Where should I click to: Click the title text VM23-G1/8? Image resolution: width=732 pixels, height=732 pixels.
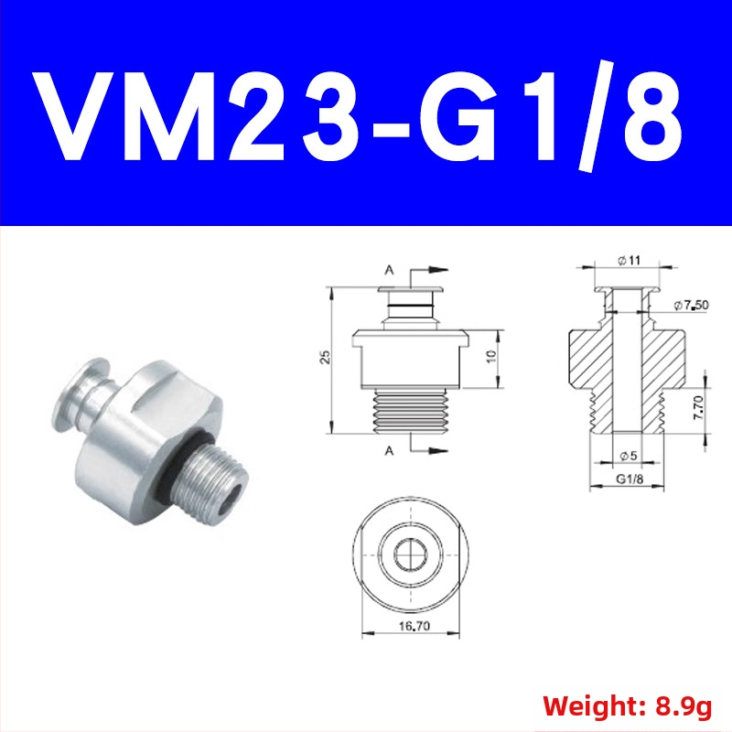pos(359,115)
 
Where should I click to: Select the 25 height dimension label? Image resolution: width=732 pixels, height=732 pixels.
pos(326,357)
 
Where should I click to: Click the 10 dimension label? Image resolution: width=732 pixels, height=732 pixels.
pos(491,357)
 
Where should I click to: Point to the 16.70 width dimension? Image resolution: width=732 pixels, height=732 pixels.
pos(414,626)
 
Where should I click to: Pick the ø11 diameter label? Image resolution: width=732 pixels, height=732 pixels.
pos(629,260)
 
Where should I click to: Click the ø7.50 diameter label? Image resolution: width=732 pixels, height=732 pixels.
pos(691,306)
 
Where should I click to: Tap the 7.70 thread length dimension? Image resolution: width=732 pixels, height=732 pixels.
pos(698,407)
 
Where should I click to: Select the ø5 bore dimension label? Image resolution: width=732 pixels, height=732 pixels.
pos(628,455)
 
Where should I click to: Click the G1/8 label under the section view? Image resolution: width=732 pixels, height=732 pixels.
pos(630,479)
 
